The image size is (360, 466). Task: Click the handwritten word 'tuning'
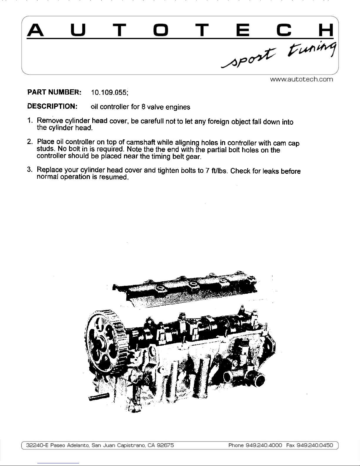(312, 49)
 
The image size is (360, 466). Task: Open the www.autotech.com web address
(302, 79)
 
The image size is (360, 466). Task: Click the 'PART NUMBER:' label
(54, 92)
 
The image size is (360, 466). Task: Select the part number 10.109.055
(109, 92)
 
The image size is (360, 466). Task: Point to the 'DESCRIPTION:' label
(52, 106)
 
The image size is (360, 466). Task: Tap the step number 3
(29, 170)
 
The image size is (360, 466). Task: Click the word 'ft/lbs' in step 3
(219, 171)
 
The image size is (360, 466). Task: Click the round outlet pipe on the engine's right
(257, 380)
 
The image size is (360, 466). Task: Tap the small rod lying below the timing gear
(99, 396)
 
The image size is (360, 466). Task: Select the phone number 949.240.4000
(264, 445)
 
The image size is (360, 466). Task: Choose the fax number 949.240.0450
(315, 445)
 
